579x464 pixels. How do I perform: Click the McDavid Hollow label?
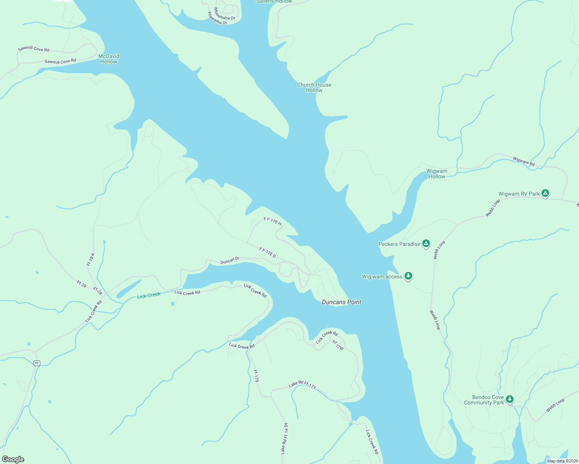tap(109, 59)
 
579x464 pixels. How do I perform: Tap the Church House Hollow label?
tap(314, 87)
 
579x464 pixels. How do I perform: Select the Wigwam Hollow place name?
tap(437, 174)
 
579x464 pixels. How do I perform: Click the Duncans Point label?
tap(341, 302)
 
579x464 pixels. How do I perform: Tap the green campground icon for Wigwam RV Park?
tap(545, 193)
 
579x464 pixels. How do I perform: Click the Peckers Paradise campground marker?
tap(426, 243)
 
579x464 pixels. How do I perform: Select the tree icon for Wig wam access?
tap(408, 276)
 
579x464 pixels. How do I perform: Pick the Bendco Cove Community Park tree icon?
tap(510, 399)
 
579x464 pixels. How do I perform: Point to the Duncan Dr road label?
tap(230, 261)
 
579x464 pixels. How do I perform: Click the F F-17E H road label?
tap(272, 221)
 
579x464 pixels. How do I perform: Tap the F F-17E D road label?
tap(267, 253)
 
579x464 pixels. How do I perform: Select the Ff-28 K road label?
tap(91, 259)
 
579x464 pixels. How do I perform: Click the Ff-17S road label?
tap(256, 376)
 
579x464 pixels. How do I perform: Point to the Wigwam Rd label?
tap(524, 161)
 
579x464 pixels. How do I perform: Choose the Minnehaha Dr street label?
tap(224, 14)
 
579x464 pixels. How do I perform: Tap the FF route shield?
tap(37, 363)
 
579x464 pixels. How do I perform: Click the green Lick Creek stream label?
tap(149, 295)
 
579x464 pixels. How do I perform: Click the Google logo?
tap(13, 459)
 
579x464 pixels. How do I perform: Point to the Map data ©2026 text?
tap(562, 461)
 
